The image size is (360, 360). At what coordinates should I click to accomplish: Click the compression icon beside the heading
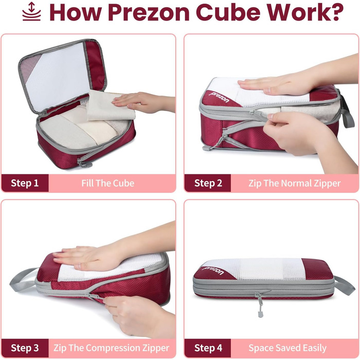pyautogui.click(x=31, y=11)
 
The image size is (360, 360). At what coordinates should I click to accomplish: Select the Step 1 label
pyautogui.click(x=25, y=183)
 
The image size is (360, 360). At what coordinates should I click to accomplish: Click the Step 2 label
pyautogui.click(x=208, y=183)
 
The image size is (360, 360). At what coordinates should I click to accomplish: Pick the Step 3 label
pyautogui.click(x=25, y=348)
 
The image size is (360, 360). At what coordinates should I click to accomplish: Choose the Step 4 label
pyautogui.click(x=208, y=348)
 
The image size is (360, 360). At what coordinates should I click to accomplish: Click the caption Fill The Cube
pyautogui.click(x=107, y=183)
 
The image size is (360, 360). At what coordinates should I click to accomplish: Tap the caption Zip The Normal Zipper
pyautogui.click(x=295, y=184)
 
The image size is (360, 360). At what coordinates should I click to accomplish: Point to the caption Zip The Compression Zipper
pyautogui.click(x=112, y=348)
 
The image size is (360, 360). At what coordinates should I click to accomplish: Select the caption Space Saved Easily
pyautogui.click(x=287, y=348)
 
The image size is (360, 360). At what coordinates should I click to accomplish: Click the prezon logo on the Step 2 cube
pyautogui.click(x=219, y=97)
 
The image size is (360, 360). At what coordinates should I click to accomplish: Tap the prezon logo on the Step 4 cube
pyautogui.click(x=213, y=270)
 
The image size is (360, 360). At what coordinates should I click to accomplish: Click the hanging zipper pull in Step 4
pyautogui.click(x=260, y=305)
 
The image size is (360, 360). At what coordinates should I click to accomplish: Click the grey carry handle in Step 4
pyautogui.click(x=345, y=285)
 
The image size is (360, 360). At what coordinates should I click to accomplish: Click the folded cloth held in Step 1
pyautogui.click(x=110, y=106)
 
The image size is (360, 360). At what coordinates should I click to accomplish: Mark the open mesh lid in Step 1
pyautogui.click(x=62, y=76)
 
